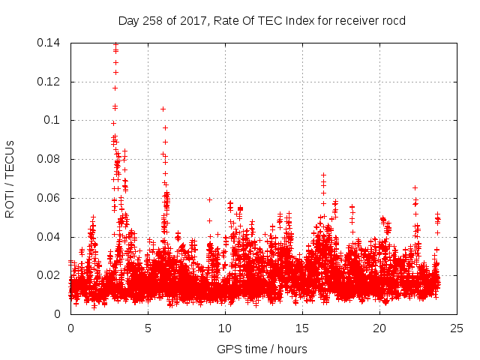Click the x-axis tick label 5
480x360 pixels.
pyautogui.click(x=148, y=328)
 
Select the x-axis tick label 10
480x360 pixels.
pyautogui.click(x=225, y=328)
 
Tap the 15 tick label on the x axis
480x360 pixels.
pyautogui.click(x=302, y=328)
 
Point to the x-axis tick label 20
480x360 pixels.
pyautogui.click(x=379, y=328)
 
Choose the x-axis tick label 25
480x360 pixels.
pyautogui.click(x=457, y=328)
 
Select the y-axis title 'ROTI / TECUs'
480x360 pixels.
pyautogui.click(x=10, y=178)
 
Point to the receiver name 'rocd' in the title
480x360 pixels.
pyautogui.click(x=393, y=21)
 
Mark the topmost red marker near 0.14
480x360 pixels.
pyautogui.click(x=115, y=44)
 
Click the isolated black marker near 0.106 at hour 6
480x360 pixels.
pyautogui.click(x=163, y=109)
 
